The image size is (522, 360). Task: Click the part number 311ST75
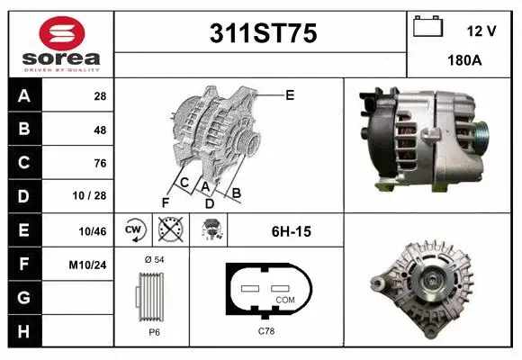tap(262, 34)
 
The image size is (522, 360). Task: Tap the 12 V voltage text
tap(481, 31)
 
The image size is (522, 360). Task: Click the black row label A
tap(24, 96)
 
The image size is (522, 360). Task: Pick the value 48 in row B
tap(99, 130)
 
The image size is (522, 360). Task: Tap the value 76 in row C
tap(99, 164)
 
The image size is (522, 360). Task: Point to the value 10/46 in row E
tap(93, 231)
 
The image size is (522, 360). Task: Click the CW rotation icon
tap(134, 231)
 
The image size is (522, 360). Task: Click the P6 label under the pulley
tap(153, 331)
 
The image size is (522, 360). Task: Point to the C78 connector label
tap(266, 331)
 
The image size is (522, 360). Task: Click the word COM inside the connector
tap(284, 299)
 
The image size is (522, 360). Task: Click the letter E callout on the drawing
tap(289, 94)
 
